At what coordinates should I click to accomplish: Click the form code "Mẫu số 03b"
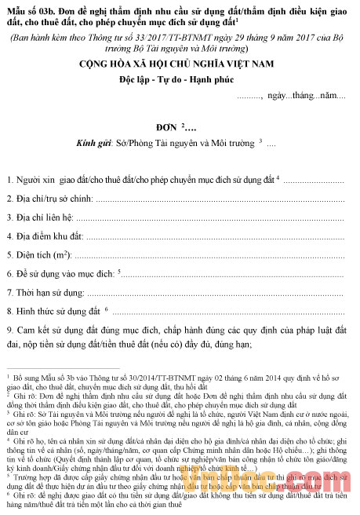point(31,9)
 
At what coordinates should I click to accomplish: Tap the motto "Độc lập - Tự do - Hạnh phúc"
point(179,80)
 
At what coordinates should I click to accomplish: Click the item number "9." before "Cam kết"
point(10,330)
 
